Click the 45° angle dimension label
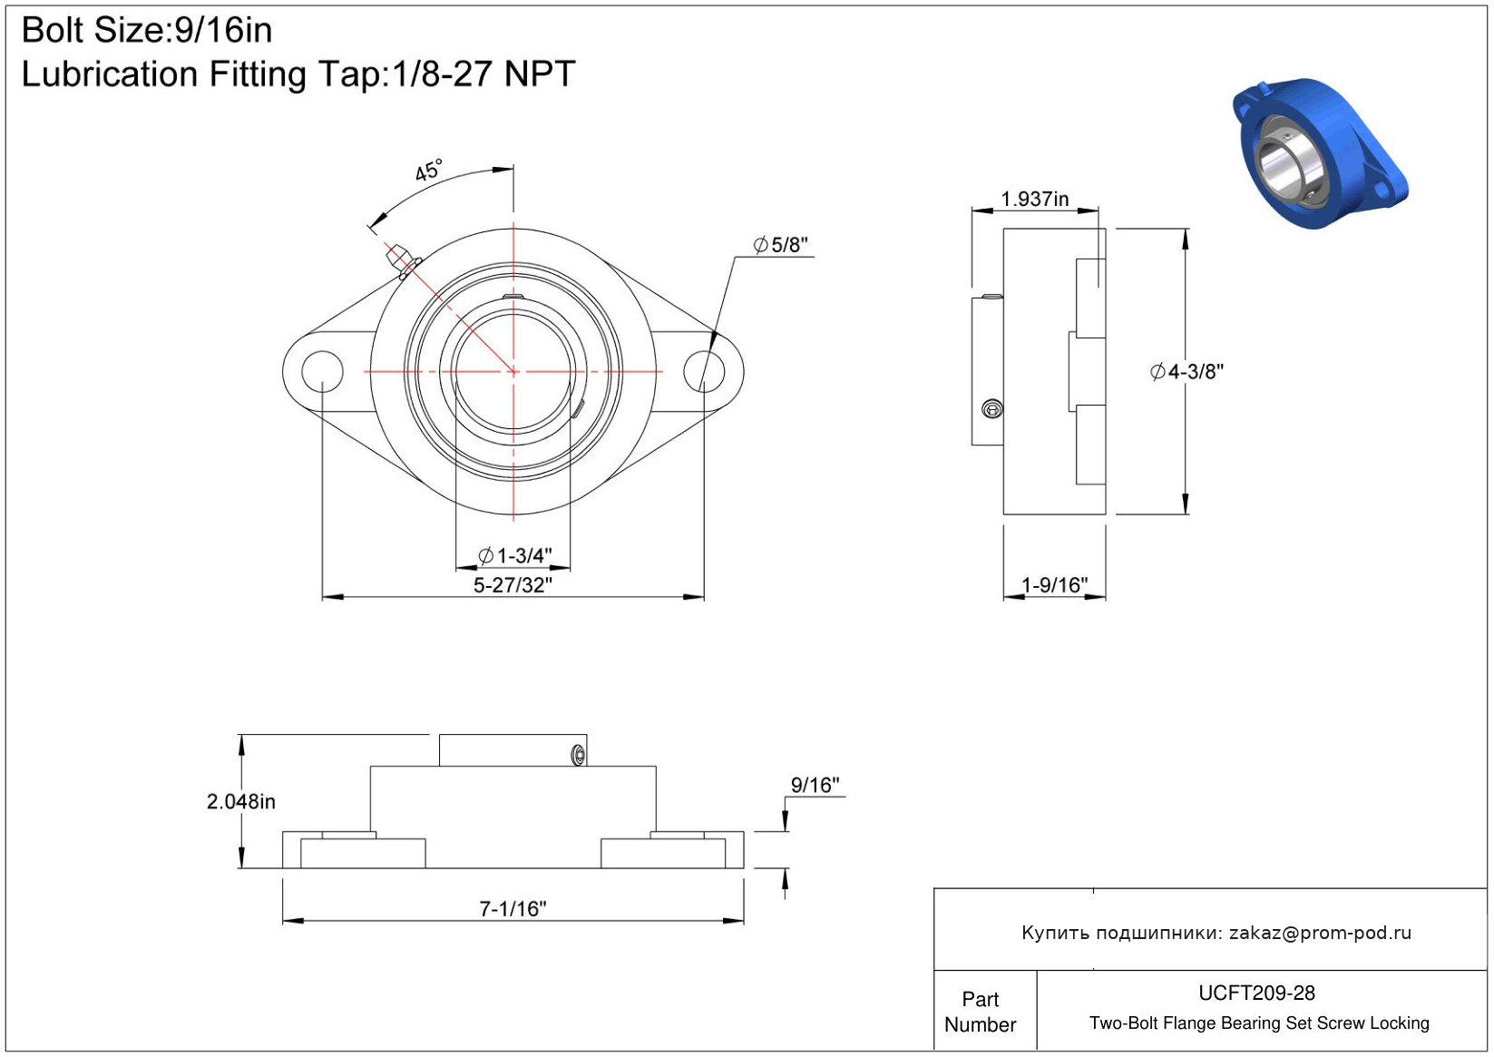pyautogui.click(x=428, y=171)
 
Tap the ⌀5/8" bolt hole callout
pyautogui.click(x=780, y=245)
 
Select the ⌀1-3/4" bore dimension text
pyautogui.click(x=515, y=555)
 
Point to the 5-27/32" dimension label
pyautogui.click(x=513, y=585)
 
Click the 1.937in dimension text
pyautogui.click(x=1034, y=199)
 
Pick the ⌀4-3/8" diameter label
pyautogui.click(x=1187, y=372)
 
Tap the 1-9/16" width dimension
pyautogui.click(x=1054, y=585)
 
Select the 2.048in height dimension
pyautogui.click(x=240, y=801)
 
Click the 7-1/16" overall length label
pyautogui.click(x=513, y=909)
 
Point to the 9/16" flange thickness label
pyautogui.click(x=815, y=786)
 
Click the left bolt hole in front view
pyautogui.click(x=322, y=371)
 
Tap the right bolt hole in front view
pyautogui.click(x=704, y=371)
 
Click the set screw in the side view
pyautogui.click(x=992, y=408)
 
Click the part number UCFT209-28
pyautogui.click(x=1256, y=993)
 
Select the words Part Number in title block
pyautogui.click(x=980, y=1012)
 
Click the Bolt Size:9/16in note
pyautogui.click(x=147, y=31)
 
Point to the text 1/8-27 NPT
pyautogui.click(x=483, y=74)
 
